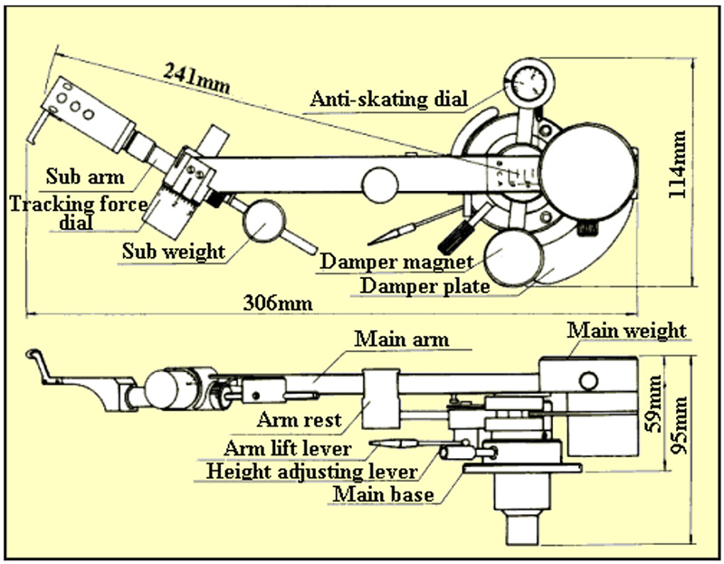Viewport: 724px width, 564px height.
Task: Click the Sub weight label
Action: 173,251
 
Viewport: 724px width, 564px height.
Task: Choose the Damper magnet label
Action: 396,263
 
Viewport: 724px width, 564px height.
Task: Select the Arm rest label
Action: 299,419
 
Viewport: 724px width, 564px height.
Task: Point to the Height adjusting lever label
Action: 312,472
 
